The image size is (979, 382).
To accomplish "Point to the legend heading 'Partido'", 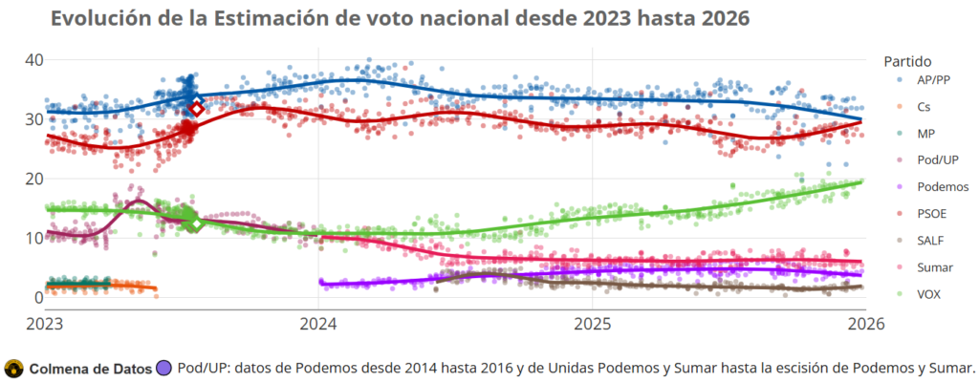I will (x=907, y=60).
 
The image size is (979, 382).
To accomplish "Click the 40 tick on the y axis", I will (x=34, y=59).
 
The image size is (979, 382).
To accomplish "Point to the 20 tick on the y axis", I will (x=34, y=179).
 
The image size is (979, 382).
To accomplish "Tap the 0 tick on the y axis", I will (x=38, y=298).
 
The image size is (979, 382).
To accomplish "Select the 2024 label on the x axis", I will (x=318, y=323).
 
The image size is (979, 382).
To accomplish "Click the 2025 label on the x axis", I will (x=592, y=323).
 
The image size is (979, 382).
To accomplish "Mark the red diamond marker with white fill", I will (x=196, y=108).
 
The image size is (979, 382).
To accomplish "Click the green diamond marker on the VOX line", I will (x=194, y=222).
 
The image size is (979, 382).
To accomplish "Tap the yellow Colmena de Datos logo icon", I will (x=14, y=368).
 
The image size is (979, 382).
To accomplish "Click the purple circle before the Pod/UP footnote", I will (x=163, y=368).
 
